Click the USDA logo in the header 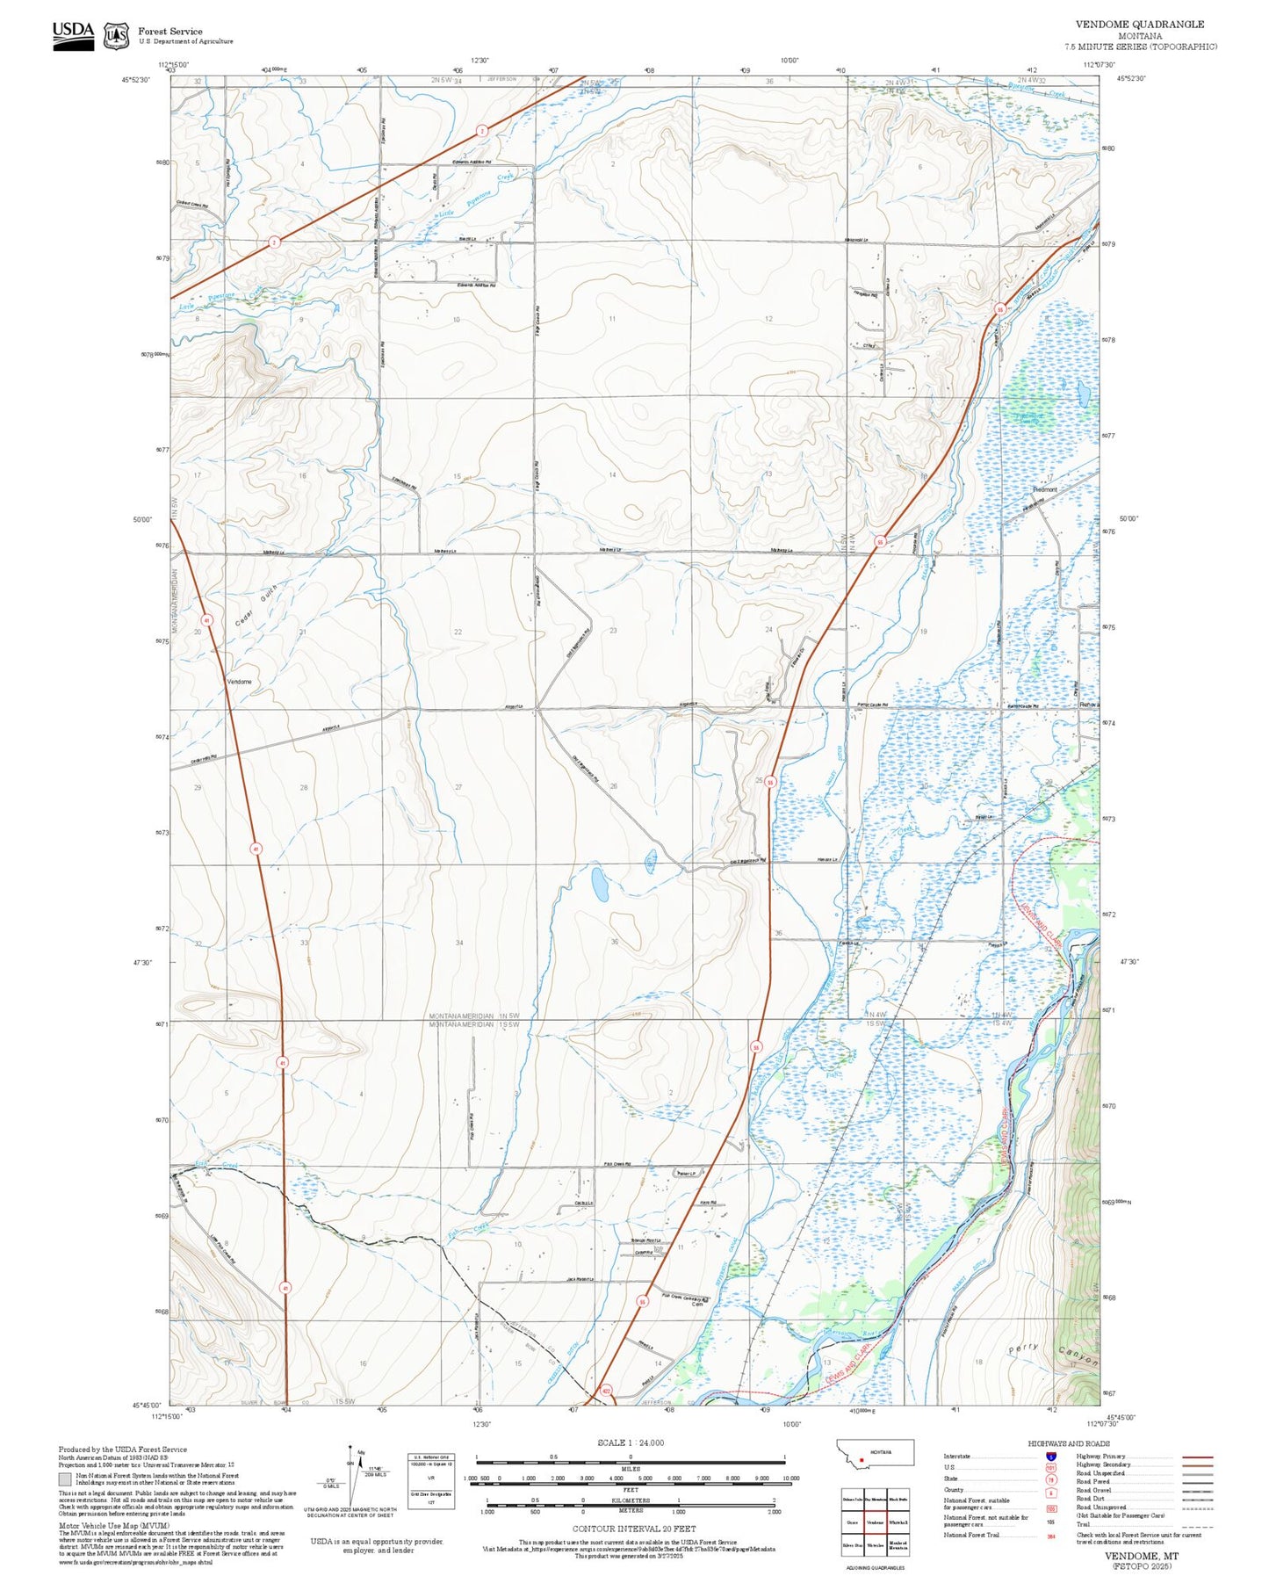[x=73, y=34]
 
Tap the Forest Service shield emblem [x=116, y=35]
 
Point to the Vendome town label [x=239, y=682]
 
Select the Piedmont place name [x=1045, y=489]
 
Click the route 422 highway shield [x=606, y=1392]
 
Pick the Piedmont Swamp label [x=1029, y=418]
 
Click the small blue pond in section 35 [x=601, y=885]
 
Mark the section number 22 [x=458, y=632]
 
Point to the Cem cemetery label [x=697, y=1305]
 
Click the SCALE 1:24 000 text [x=631, y=1442]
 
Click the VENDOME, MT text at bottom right [x=1142, y=1555]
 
